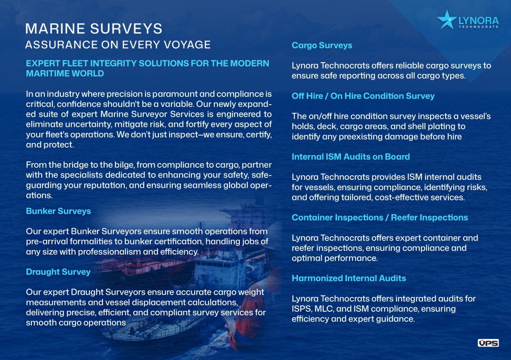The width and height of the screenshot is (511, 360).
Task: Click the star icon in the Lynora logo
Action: click(447, 20)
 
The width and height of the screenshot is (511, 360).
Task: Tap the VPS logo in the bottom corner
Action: click(488, 343)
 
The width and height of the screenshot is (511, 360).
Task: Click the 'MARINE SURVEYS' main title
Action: click(94, 29)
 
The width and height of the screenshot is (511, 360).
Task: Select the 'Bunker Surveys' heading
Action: click(59, 211)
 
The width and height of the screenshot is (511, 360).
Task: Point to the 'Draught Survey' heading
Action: click(58, 272)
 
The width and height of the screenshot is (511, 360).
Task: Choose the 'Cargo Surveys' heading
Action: click(322, 45)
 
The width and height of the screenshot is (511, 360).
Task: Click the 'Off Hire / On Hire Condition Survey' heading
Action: click(363, 96)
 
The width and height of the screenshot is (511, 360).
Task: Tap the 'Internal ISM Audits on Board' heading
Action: click(351, 157)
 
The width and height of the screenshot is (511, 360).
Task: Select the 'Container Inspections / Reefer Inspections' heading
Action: click(380, 218)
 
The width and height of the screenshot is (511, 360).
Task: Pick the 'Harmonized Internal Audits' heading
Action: click(349, 278)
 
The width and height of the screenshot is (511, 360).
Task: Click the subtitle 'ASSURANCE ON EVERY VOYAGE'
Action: click(118, 45)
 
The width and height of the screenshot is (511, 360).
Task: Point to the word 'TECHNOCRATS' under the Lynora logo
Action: click(479, 27)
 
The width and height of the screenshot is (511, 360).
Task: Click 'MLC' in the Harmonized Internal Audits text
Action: click(324, 309)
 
